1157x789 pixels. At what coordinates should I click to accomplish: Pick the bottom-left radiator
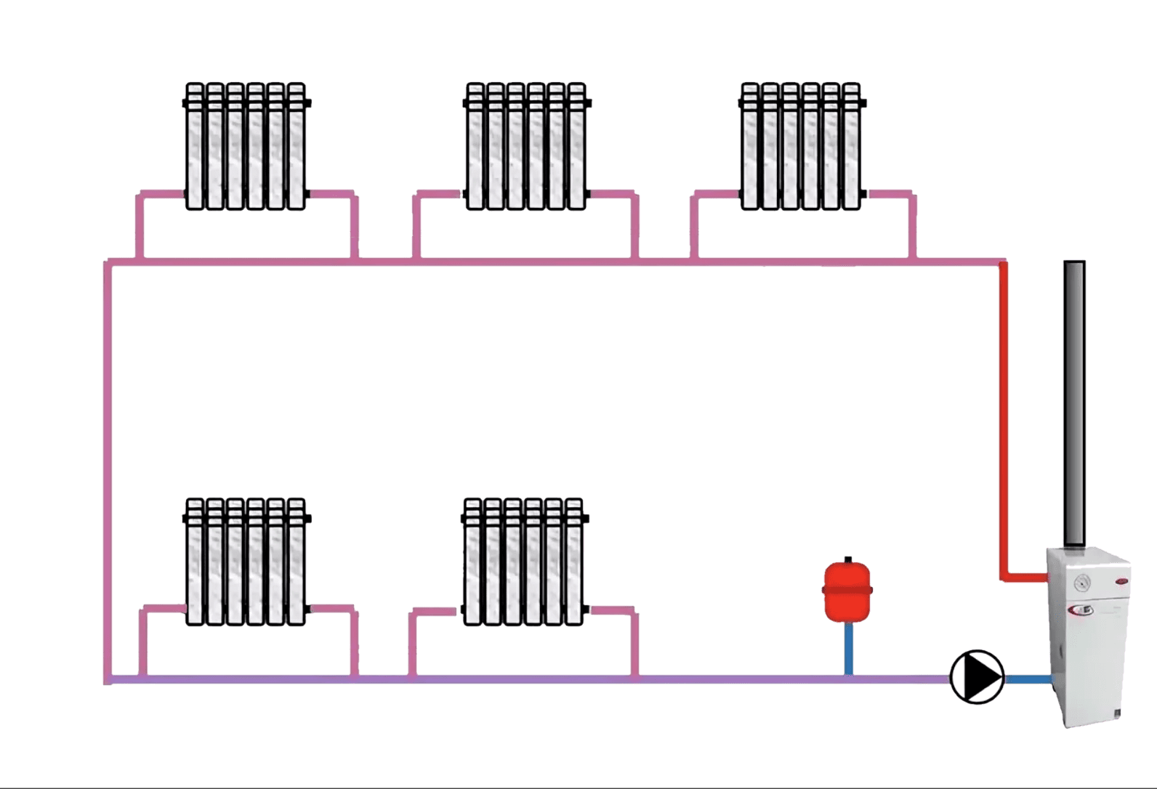246,561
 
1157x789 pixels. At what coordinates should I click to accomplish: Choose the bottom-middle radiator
523,561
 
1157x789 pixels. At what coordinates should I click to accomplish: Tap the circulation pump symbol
976,676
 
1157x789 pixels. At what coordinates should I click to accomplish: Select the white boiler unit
1087,639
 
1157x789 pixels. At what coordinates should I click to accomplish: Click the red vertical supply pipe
1003,421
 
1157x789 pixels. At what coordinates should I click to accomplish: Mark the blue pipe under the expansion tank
848,650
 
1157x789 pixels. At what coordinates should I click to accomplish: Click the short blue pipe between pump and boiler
1026,679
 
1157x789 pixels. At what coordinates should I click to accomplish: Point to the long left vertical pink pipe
108,472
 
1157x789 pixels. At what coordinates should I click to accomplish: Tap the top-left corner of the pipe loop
109,262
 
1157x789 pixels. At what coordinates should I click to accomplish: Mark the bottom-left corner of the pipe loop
109,680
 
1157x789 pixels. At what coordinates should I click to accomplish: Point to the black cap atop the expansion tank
847,559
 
